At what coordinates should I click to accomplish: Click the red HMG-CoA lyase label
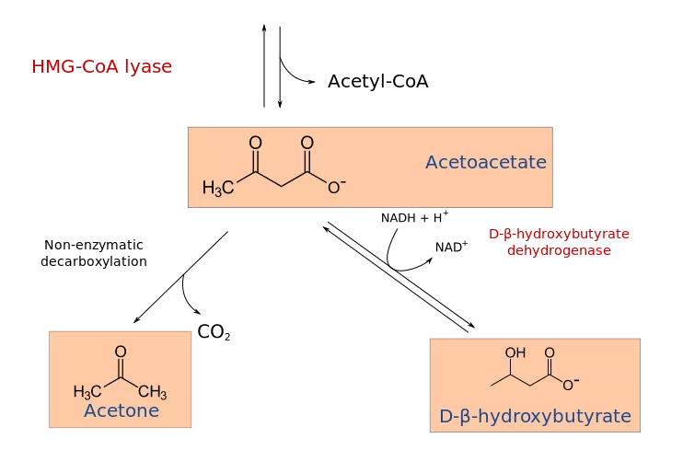[102, 66]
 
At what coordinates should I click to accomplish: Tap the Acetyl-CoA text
[378, 82]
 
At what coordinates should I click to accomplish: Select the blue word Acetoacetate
[486, 162]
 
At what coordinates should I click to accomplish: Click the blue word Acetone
[122, 410]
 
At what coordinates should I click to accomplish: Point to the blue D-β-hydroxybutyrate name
[536, 417]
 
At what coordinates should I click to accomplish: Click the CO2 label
[214, 332]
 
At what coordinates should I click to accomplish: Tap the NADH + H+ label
[414, 217]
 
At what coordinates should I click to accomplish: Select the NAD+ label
[451, 247]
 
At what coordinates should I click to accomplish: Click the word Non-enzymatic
[94, 245]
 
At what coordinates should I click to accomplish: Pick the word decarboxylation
[94, 261]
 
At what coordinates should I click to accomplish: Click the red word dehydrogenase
[559, 250]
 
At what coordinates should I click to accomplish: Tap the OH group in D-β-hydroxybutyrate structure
[515, 352]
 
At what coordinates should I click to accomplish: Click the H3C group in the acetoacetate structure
[218, 188]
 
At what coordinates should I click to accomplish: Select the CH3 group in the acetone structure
[153, 392]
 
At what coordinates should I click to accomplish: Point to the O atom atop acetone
[121, 352]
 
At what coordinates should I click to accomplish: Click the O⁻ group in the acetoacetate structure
[336, 187]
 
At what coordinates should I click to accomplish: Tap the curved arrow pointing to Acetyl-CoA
[291, 75]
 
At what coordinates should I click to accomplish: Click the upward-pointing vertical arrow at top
[264, 65]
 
